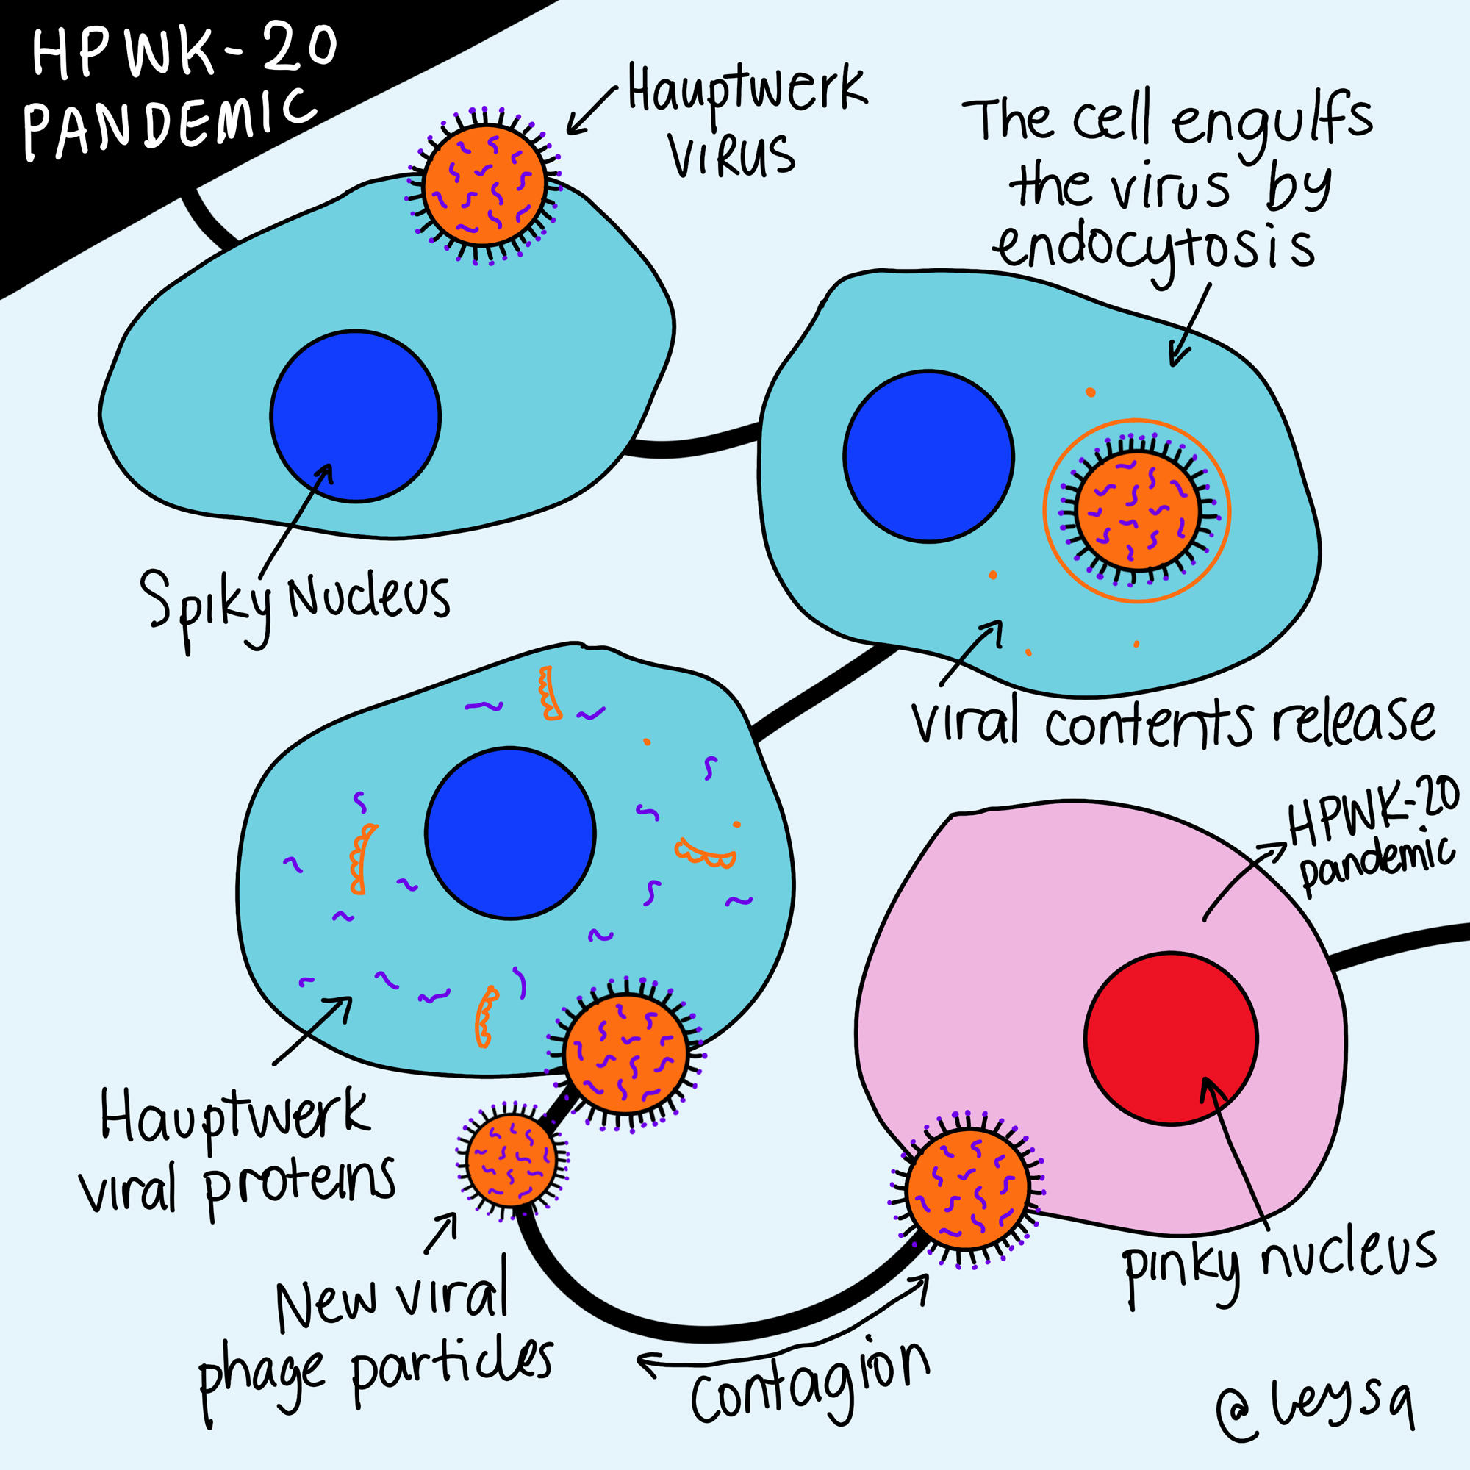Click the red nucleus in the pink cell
pyautogui.click(x=1171, y=1039)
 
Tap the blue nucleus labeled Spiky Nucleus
pyautogui.click(x=355, y=416)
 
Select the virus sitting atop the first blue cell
pyautogui.click(x=484, y=185)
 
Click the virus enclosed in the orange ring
pyautogui.click(x=1138, y=511)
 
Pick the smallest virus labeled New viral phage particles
pyautogui.click(x=512, y=1160)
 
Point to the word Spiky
pyautogui.click(x=206, y=605)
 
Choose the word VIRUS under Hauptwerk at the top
pyautogui.click(x=732, y=156)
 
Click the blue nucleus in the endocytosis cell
pyautogui.click(x=928, y=456)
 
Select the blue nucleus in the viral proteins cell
pyautogui.click(x=510, y=833)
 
